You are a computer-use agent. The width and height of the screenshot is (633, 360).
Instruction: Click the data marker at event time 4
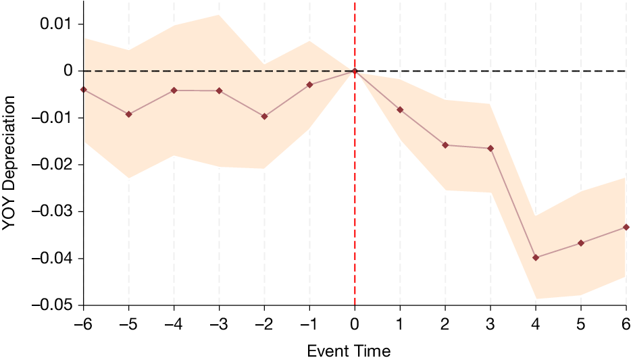[x=536, y=257]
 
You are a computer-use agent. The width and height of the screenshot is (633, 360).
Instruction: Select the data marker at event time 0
[x=355, y=71]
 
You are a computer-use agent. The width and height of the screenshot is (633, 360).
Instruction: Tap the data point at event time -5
[x=129, y=114]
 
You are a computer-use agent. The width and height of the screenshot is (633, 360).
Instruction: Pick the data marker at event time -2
[x=264, y=116]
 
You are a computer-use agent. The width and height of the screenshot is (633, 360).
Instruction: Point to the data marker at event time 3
[x=490, y=148]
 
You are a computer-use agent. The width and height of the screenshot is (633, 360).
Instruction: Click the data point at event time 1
[x=400, y=109]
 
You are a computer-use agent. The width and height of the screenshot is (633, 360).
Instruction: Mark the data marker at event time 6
[x=626, y=227]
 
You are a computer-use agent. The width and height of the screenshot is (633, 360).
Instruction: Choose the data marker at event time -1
[x=309, y=84]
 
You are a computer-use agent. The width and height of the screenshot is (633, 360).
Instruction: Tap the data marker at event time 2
[x=445, y=145]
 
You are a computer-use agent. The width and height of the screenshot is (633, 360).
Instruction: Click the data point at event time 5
[x=581, y=242]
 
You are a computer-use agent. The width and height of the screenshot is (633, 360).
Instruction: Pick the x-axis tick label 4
[x=536, y=325]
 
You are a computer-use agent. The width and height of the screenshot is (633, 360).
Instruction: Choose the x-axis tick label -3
[x=219, y=325]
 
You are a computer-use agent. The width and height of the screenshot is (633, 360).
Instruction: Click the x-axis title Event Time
[x=349, y=351]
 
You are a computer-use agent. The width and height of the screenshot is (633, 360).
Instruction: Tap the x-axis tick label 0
[x=355, y=325]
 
